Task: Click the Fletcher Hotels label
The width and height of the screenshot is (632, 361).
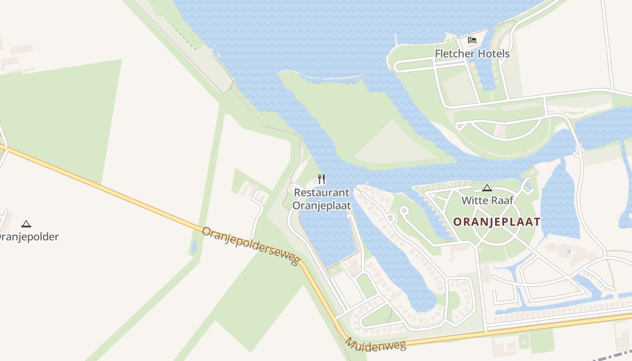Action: pyautogui.click(x=472, y=54)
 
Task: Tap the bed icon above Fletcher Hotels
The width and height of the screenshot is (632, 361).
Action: pyautogui.click(x=472, y=40)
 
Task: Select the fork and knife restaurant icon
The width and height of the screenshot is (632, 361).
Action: pyautogui.click(x=321, y=179)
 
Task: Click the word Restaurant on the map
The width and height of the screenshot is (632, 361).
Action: pyautogui.click(x=321, y=193)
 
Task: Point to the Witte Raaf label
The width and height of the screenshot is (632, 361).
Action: pyautogui.click(x=487, y=200)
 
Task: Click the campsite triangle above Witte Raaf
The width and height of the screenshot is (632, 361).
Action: pyautogui.click(x=487, y=188)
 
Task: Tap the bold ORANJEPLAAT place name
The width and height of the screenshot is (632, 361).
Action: pyautogui.click(x=497, y=222)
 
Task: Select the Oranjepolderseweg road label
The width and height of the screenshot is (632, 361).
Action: pyautogui.click(x=251, y=246)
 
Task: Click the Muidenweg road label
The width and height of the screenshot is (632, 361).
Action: pyautogui.click(x=376, y=344)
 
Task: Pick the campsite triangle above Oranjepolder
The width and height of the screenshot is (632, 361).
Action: pyautogui.click(x=26, y=224)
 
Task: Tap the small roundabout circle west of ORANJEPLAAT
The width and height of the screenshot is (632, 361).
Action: pyautogui.click(x=404, y=210)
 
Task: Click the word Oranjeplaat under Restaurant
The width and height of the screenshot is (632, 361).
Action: pyautogui.click(x=321, y=205)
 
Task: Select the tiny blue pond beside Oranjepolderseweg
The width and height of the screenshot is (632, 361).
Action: pyautogui.click(x=194, y=247)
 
